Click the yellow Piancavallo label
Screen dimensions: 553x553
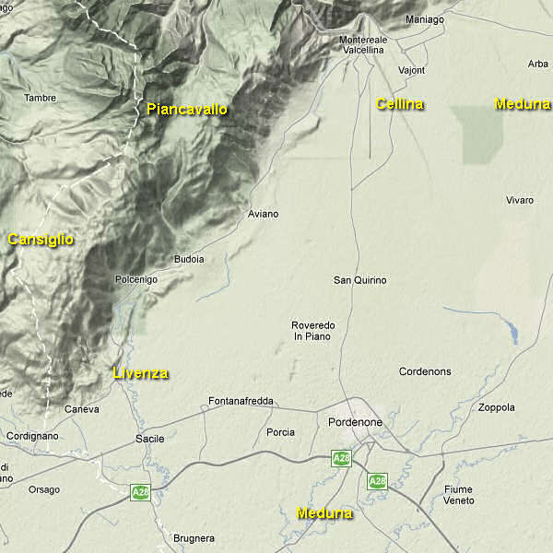point(187,110)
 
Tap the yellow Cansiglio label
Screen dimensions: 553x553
point(41,240)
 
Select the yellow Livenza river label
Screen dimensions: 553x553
point(141,373)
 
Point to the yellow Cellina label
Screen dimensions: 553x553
point(400,104)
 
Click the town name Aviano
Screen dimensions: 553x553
point(263,214)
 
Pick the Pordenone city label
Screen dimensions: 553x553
point(355,421)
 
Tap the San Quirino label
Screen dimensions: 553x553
point(359,280)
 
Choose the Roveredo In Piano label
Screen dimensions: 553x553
point(313,331)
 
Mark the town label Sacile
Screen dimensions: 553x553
point(149,439)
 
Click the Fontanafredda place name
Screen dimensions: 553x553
point(241,401)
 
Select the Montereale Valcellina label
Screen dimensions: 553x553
point(362,45)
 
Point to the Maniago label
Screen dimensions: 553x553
point(424,18)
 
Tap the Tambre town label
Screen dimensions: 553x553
point(40,98)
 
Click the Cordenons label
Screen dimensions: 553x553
point(425,371)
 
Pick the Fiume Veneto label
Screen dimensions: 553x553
point(458,495)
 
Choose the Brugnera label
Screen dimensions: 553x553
point(194,538)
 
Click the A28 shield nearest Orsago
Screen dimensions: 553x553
point(140,492)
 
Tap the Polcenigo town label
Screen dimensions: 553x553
point(136,279)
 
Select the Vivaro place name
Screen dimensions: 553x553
point(520,200)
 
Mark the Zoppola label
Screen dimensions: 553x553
point(498,407)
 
